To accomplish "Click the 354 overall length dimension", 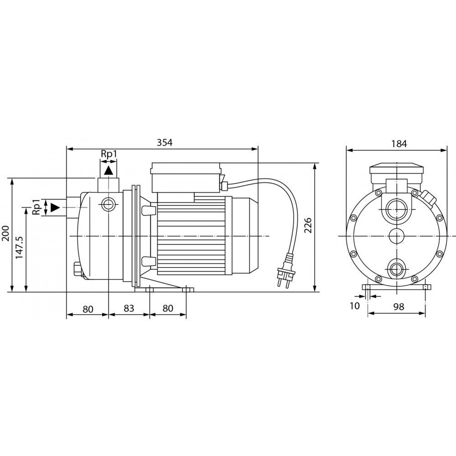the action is [x=165, y=142].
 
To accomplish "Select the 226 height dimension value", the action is [x=308, y=225].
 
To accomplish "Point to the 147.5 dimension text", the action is [x=19, y=248].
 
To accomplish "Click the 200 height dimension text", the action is [x=6, y=233].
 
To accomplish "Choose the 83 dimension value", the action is [x=129, y=308].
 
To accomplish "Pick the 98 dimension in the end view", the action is [x=399, y=306].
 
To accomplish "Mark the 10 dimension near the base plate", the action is [x=354, y=306].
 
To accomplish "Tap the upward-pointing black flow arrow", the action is [x=109, y=170].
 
